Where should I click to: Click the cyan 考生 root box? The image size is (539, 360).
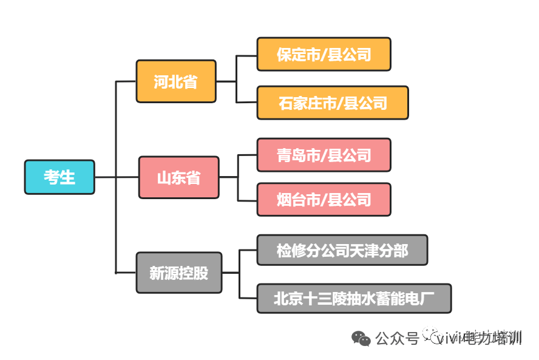coord(59,177)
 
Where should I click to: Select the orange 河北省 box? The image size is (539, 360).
coord(176,81)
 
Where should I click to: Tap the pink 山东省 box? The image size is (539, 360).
coord(178,178)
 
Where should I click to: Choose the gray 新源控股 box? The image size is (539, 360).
coord(178,273)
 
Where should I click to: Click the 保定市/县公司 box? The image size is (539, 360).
coord(324,55)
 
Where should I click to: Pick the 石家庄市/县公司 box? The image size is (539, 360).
coord(333,103)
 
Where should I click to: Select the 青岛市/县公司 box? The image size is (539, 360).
coord(324,155)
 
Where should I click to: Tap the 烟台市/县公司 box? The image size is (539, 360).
coord(324,199)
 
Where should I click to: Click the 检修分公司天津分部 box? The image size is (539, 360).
coord(342,250)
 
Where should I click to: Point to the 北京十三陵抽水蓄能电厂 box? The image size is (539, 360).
coord(354,298)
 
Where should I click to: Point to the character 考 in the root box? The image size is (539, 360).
coord(52,177)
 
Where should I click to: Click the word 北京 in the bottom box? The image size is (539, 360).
coord(288,298)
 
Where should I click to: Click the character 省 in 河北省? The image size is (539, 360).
coord(191,81)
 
